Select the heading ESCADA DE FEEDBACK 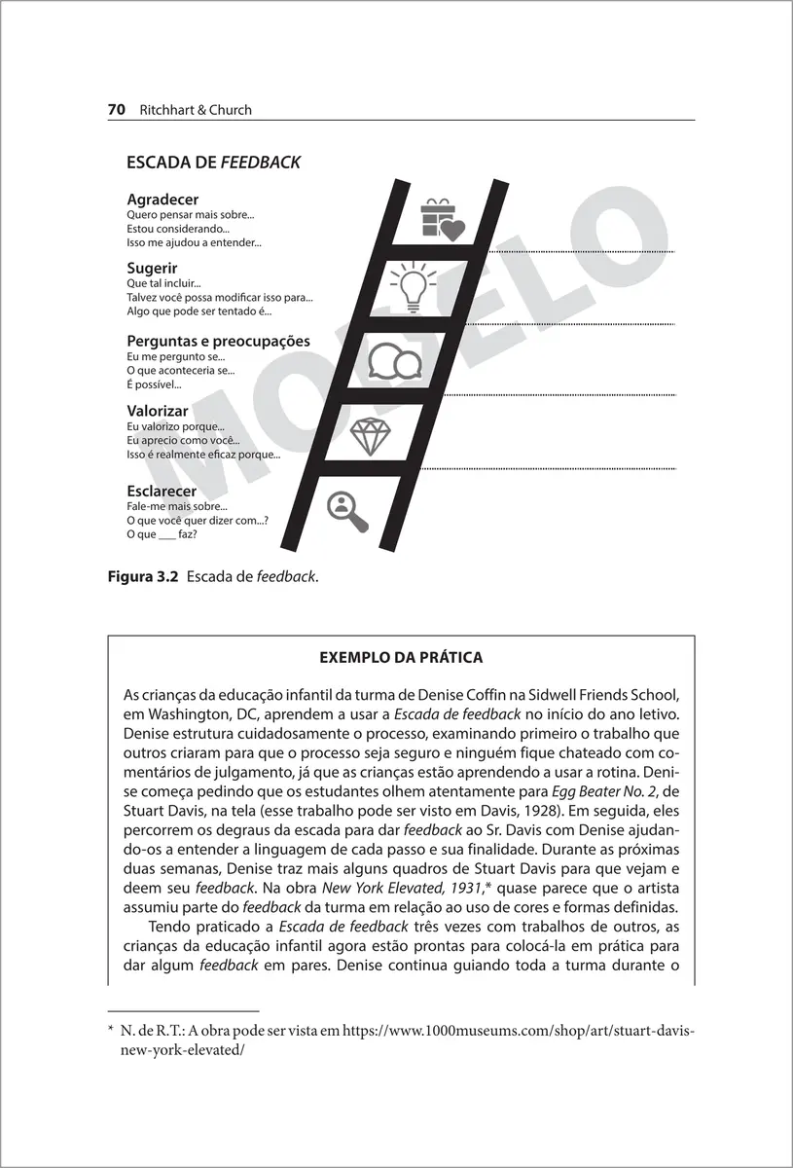[x=213, y=164]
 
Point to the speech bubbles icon [x=394, y=360]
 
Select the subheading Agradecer [x=162, y=200]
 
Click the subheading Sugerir [x=152, y=268]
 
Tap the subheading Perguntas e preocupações [x=218, y=341]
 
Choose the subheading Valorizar [x=158, y=412]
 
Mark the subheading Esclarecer [x=162, y=492]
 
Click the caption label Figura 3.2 [x=142, y=576]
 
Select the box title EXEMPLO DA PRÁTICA [x=401, y=658]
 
